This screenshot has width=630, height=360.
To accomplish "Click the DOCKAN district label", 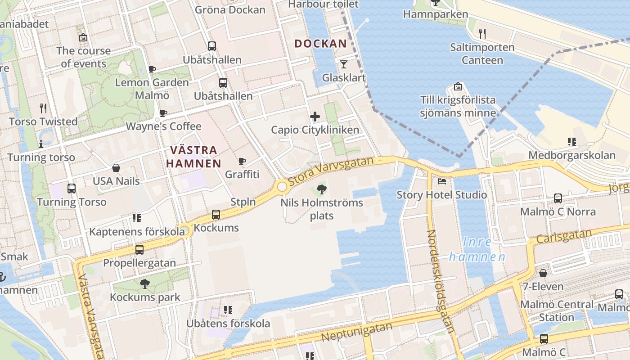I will [x=321, y=44].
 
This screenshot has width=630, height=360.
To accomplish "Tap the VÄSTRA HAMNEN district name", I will [x=193, y=157].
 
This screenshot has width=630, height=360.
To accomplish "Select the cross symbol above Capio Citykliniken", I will [x=315, y=117].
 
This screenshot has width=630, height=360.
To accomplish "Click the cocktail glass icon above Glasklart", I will [x=344, y=64].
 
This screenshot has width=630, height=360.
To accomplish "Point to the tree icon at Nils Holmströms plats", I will [x=321, y=189].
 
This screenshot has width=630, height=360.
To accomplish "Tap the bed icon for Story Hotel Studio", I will [x=442, y=181].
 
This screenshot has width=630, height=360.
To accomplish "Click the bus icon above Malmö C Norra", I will [x=558, y=198].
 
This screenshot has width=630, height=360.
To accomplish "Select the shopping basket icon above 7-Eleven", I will [x=543, y=273].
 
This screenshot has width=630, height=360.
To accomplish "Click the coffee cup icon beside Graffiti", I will [x=242, y=161].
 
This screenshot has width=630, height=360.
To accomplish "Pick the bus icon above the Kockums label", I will [x=216, y=215].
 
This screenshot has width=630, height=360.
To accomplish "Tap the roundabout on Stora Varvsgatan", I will [x=282, y=186].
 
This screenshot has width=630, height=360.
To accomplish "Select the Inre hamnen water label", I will [x=477, y=249].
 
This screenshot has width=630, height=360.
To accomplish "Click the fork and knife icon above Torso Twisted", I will [x=43, y=108].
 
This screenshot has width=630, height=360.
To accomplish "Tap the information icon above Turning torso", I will [x=41, y=144].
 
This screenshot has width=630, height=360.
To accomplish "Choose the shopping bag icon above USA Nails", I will [x=116, y=168].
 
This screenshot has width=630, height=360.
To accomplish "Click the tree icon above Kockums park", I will [x=145, y=284].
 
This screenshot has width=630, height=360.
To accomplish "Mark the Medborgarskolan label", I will [x=571, y=155].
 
